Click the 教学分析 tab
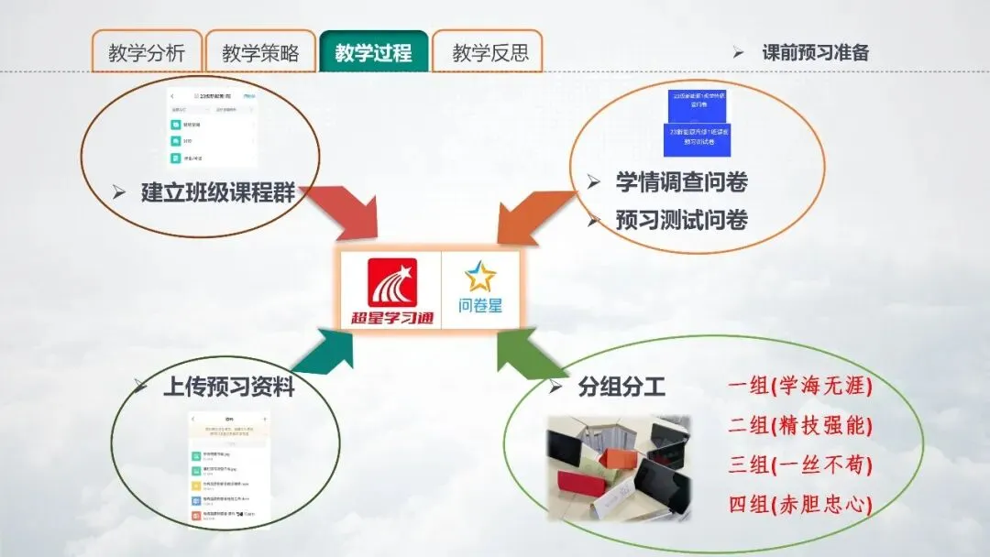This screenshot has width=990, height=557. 147,52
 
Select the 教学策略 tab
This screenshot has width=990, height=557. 260,52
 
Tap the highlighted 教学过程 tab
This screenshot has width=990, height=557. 373,52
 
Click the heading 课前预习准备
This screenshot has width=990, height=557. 815,52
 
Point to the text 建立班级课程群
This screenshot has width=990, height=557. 224,193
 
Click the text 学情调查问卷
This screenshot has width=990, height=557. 681,182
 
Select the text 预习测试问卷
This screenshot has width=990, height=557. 681,220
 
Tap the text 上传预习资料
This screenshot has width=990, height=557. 228,387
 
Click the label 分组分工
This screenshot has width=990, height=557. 621,387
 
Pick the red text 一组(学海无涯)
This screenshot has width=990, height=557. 799,387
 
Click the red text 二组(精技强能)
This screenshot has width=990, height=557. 799,426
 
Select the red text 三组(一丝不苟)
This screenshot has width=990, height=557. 799,465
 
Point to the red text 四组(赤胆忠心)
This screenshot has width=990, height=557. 799,504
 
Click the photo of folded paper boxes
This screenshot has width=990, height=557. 618,468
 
